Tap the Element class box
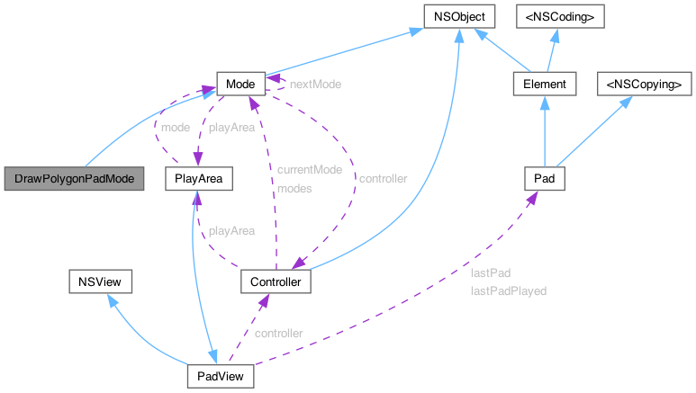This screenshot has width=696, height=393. (544, 85)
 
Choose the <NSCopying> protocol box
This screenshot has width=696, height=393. (645, 85)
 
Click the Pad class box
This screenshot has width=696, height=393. (544, 179)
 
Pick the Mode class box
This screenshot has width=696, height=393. (239, 85)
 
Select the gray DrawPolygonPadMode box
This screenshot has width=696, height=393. (74, 179)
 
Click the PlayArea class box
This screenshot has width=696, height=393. (199, 179)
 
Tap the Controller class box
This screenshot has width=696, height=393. (276, 282)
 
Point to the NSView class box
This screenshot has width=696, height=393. (101, 282)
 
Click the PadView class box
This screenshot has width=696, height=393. (221, 375)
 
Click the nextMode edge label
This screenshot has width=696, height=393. (314, 83)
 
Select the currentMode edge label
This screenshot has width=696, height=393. (309, 170)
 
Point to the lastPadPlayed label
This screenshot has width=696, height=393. (508, 291)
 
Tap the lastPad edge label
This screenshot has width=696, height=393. (490, 272)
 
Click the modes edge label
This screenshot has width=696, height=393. (294, 189)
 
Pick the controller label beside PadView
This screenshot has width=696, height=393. (278, 333)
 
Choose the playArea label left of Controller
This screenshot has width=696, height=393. (231, 231)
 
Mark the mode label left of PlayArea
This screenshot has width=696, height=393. (174, 127)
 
